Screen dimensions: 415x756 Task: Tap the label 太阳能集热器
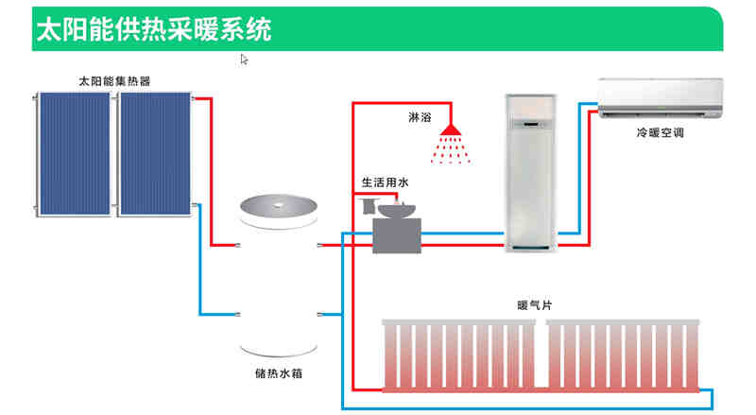pos(114,81)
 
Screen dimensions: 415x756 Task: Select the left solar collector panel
pos(76,153)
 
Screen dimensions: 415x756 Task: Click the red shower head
pos(452,129)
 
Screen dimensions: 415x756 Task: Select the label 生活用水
pos(385,181)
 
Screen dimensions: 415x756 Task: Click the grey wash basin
pos(397,229)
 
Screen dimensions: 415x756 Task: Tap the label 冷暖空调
pos(660,134)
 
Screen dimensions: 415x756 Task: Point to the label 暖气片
pos(535,305)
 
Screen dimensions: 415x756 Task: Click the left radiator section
pos(457,354)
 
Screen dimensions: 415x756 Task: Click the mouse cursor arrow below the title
pos(244,60)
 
